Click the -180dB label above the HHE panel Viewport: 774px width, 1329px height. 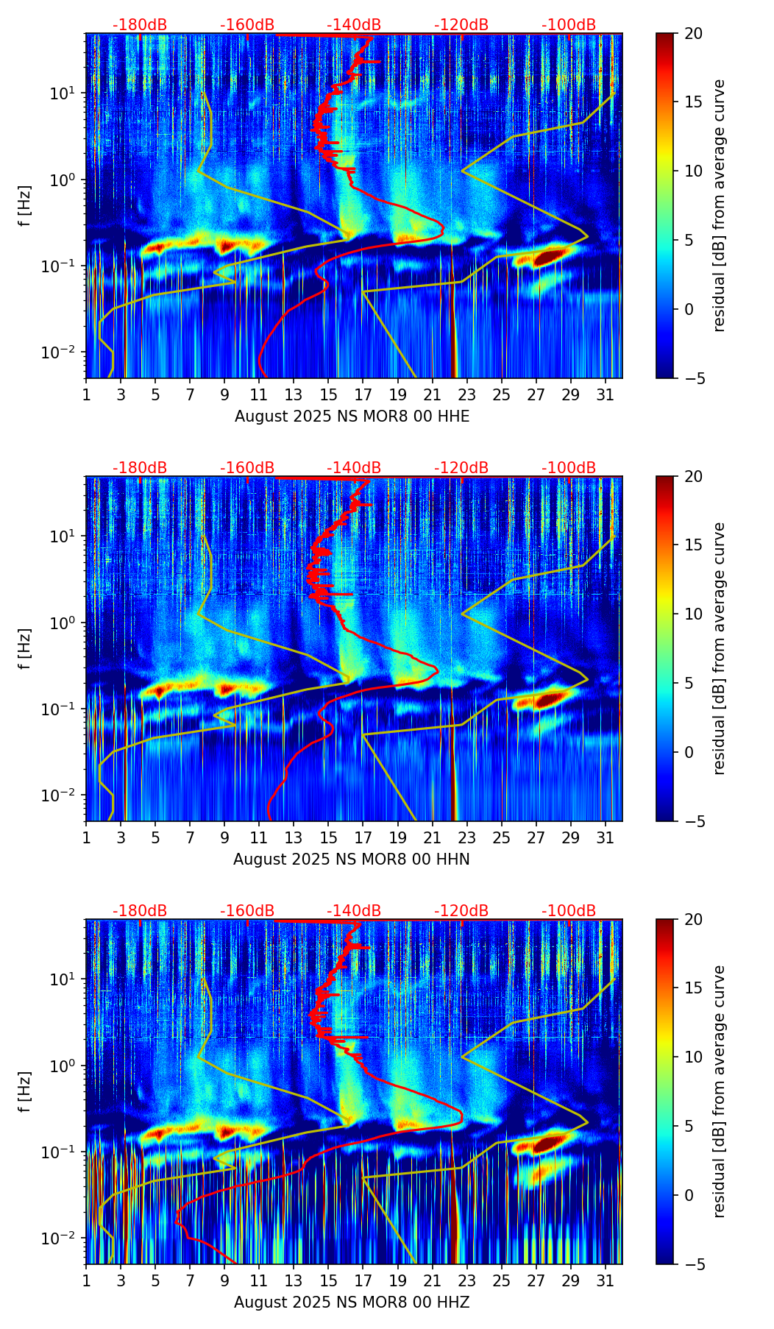(140, 25)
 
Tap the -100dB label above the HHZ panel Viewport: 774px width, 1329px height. (569, 911)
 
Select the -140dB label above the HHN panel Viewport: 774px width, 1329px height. (354, 468)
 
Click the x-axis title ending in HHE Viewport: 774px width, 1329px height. (352, 417)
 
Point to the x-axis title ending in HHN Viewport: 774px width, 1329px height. (352, 860)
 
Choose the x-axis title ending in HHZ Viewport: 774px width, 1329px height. (352, 1303)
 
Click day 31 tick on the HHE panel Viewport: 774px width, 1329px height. (606, 394)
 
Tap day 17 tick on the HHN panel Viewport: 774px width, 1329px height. (363, 837)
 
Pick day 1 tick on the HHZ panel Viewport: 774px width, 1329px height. (87, 1280)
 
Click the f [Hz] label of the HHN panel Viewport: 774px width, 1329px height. (25, 648)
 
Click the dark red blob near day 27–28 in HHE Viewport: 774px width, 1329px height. (550, 258)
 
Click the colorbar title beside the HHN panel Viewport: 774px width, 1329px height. (720, 648)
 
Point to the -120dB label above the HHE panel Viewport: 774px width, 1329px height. (461, 25)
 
